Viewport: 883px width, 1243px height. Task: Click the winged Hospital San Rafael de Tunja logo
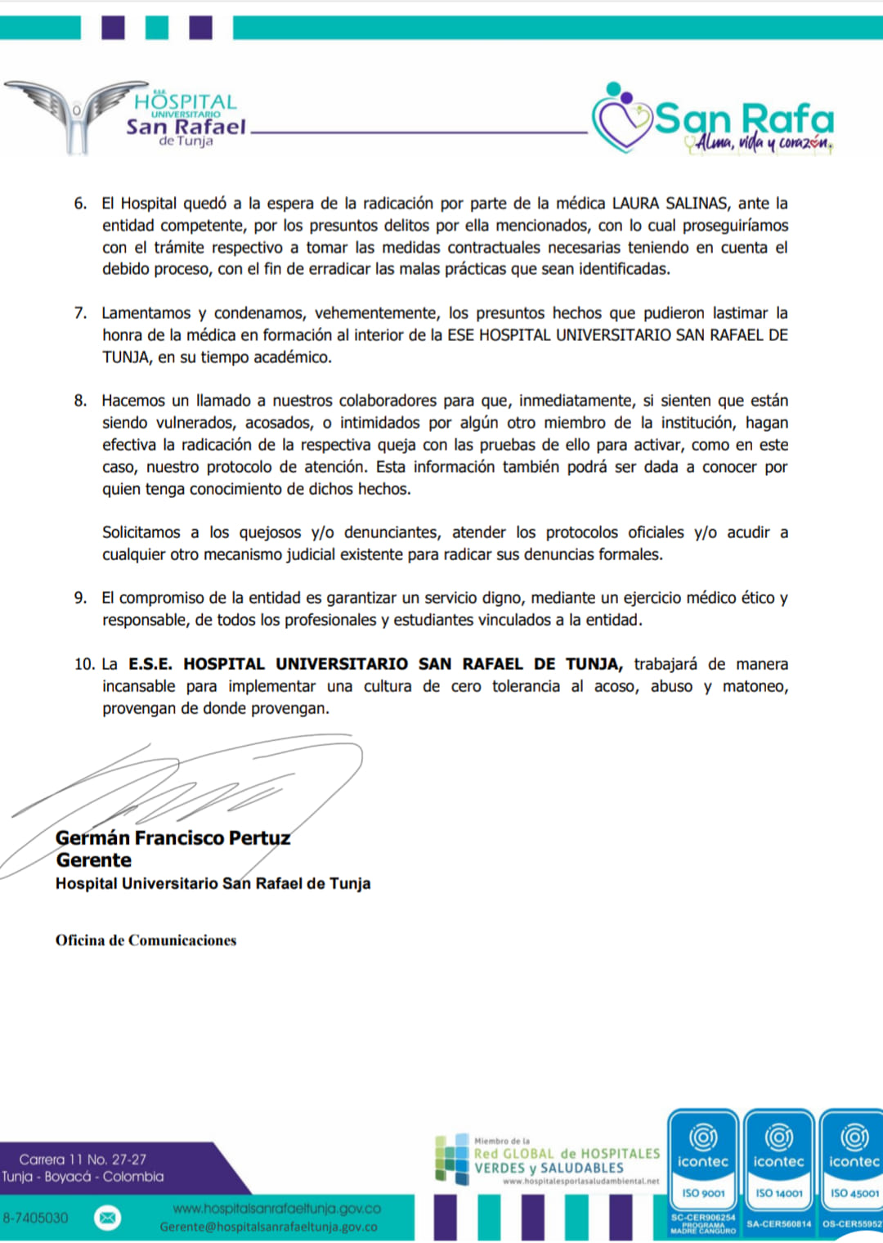tap(123, 117)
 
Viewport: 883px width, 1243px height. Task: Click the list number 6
tap(80, 203)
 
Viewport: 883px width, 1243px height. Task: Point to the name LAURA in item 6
tap(635, 203)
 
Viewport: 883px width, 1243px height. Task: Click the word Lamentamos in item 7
tap(145, 313)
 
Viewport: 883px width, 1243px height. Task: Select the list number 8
tap(80, 401)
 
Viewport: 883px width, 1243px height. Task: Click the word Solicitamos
tap(141, 532)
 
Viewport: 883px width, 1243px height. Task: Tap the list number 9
tap(80, 598)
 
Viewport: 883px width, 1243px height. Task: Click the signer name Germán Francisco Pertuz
tap(173, 838)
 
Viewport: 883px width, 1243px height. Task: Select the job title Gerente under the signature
tap(94, 860)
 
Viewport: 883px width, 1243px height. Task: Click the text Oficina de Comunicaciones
tap(146, 940)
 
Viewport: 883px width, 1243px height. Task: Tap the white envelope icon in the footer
tap(107, 1218)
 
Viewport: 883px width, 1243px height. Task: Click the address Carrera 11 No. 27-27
tap(83, 1160)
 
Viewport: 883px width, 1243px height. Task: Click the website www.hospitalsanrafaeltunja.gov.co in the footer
tap(276, 1209)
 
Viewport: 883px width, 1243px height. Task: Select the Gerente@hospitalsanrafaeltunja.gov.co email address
tap(268, 1227)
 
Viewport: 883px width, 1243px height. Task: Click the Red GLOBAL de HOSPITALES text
tap(567, 1154)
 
